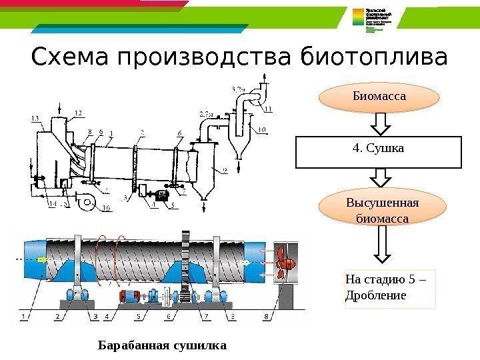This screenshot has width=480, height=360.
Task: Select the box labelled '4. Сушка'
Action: (379, 152)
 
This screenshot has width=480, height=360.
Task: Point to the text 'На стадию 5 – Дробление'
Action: (389, 289)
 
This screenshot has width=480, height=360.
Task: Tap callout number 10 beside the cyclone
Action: (263, 129)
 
